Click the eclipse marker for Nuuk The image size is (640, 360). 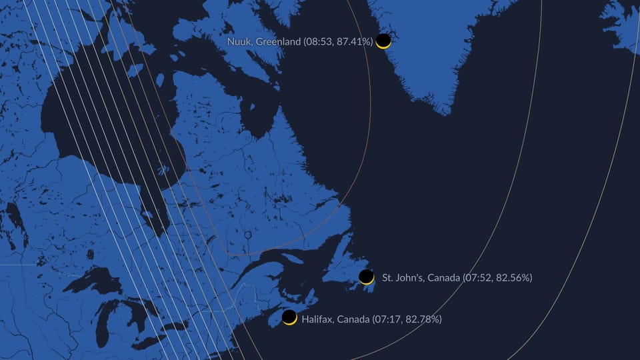(x=383, y=41)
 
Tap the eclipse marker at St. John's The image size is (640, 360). (x=366, y=277)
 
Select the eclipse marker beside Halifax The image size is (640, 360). (x=289, y=317)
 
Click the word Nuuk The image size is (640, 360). (x=238, y=42)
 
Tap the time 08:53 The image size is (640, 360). (x=317, y=42)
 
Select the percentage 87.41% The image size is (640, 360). (x=351, y=42)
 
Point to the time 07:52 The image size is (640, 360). (x=479, y=277)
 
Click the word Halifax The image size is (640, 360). (x=317, y=319)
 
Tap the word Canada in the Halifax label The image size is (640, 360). (x=353, y=319)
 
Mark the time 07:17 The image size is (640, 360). (x=388, y=319)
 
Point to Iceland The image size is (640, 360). (x=623, y=23)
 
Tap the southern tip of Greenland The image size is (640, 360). (x=445, y=111)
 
